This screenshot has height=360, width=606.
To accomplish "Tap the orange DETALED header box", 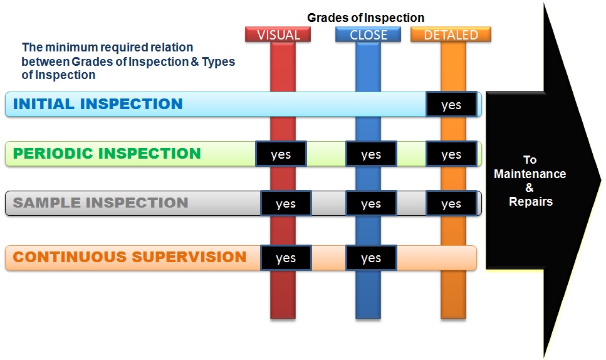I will click(451, 34).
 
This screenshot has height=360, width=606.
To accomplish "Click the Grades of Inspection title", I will click(365, 18).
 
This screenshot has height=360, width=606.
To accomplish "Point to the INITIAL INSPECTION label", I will click(98, 104).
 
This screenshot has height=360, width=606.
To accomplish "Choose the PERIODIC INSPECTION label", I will click(107, 154).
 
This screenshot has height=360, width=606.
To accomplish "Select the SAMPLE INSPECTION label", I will click(100, 203).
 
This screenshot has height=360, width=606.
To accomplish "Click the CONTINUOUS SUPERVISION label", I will click(130, 257).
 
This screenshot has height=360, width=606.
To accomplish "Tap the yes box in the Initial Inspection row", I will click(451, 105).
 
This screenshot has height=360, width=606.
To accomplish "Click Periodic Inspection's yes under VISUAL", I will click(281, 154).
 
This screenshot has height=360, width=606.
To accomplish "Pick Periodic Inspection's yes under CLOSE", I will click(371, 154).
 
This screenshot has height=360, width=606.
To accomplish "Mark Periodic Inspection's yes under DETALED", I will click(451, 154).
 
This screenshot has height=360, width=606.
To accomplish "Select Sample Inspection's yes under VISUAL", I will click(286, 204).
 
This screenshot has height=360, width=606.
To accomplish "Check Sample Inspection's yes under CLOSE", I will click(371, 204).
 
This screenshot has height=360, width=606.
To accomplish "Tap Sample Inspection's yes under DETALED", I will click(451, 204).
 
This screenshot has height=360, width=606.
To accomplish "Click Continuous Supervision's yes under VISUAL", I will click(286, 258).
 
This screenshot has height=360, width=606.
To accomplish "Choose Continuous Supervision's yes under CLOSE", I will click(371, 258).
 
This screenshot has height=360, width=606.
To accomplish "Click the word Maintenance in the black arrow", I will click(530, 174).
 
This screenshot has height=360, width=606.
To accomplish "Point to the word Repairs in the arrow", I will click(530, 202).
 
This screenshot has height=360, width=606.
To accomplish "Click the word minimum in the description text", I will click(64, 48).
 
